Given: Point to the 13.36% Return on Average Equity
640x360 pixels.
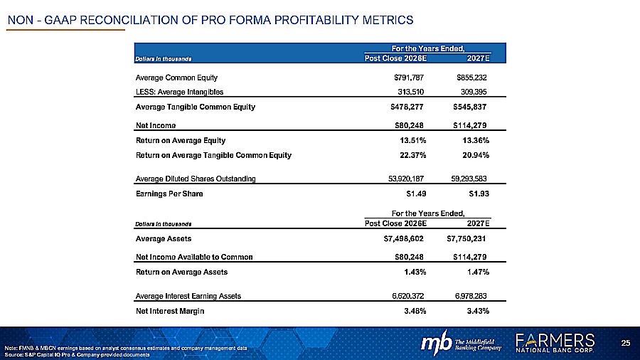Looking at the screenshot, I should pyautogui.click(x=472, y=140).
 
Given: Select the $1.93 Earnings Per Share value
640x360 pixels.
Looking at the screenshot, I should pyautogui.click(x=476, y=193).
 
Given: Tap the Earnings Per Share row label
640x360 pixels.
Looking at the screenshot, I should pyautogui.click(x=163, y=193).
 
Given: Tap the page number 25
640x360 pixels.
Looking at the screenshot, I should pyautogui.click(x=626, y=344).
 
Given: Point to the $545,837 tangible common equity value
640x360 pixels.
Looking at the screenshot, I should pyautogui.click(x=469, y=107).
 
